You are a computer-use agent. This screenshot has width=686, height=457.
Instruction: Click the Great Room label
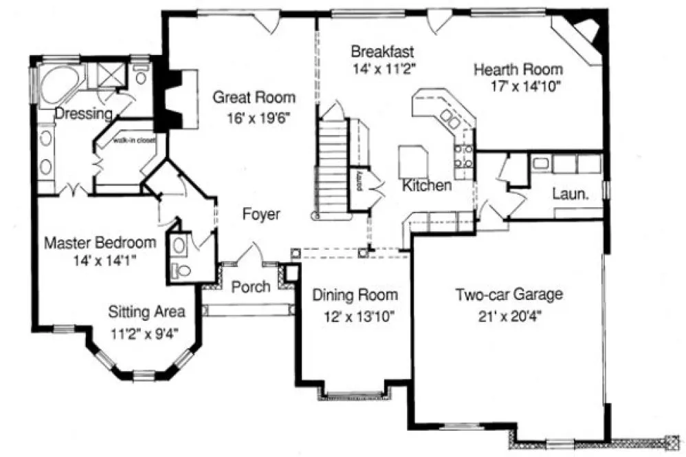(x=254, y=97)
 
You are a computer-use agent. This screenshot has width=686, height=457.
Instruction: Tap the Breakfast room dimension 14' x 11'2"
(x=380, y=68)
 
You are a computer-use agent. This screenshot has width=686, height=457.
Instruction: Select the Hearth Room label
(x=518, y=70)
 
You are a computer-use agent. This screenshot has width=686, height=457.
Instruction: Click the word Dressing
(x=83, y=113)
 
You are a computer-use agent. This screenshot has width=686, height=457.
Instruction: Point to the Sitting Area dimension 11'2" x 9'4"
(x=146, y=334)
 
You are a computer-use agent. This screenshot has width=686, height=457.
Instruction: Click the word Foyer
(x=261, y=215)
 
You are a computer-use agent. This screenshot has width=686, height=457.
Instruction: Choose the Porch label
(x=250, y=286)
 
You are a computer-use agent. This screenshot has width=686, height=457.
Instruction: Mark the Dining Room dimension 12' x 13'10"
(x=354, y=317)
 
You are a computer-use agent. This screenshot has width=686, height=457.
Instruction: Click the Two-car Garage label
(x=509, y=295)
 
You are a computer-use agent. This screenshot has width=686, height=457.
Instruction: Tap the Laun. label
(x=571, y=195)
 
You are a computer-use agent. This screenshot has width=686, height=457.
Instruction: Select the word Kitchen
(x=427, y=185)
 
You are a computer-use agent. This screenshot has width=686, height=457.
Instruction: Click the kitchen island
(x=414, y=162)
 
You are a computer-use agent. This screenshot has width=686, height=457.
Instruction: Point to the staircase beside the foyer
(x=333, y=169)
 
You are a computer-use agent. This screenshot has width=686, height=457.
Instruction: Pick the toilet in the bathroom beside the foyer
(x=181, y=271)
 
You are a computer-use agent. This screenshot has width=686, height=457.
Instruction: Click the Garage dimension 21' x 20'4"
(x=509, y=317)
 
